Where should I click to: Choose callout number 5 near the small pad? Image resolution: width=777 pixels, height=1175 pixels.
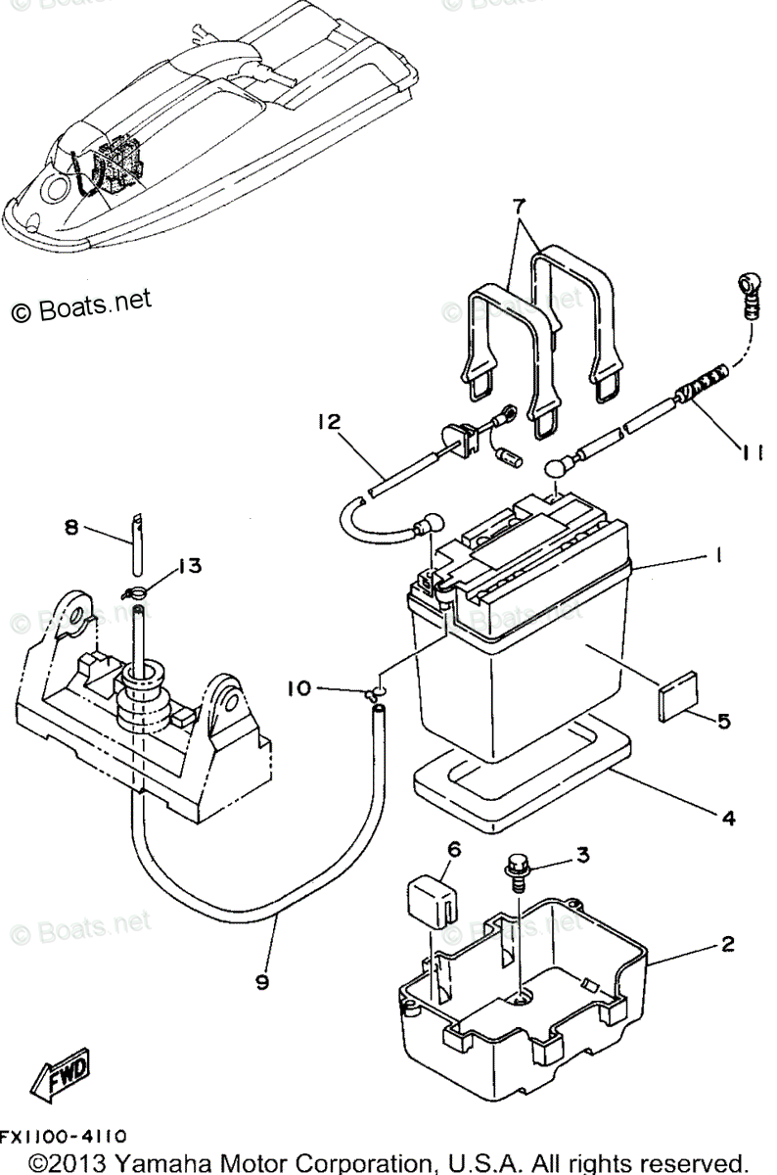coord(723,722)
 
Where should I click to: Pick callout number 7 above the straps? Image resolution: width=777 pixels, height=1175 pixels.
coord(519,208)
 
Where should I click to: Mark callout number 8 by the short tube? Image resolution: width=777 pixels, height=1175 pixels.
coord(70,527)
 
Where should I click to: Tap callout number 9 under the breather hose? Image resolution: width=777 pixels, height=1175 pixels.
coord(262,982)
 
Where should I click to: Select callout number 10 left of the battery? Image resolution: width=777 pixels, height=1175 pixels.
coord(298,688)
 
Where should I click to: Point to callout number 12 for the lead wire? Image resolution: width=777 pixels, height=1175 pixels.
coord(328,422)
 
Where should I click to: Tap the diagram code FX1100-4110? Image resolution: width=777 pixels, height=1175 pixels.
coord(63,1136)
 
